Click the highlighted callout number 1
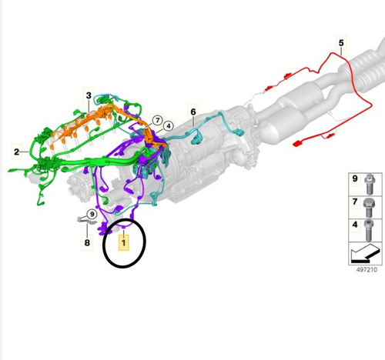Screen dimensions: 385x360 tap(123, 242)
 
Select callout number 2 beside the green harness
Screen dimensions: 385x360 tap(17, 152)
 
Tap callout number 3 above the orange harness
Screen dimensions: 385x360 tap(89, 95)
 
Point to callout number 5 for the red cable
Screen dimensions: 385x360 tap(341, 42)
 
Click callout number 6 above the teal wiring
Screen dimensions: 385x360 tap(193, 112)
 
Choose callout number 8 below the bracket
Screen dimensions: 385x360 tap(87, 242)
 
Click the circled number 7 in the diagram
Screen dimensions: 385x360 tap(157, 120)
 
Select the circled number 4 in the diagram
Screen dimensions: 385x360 tap(169, 126)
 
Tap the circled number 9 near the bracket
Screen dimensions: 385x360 tap(92, 214)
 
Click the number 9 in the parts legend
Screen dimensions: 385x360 tap(355, 178)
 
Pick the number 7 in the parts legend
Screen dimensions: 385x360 tap(355, 202)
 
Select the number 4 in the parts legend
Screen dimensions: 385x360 tap(355, 225)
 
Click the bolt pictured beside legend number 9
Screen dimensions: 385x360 tap(370, 185)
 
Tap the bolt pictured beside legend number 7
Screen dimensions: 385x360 tap(369, 208)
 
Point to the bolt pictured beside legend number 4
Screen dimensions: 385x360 tap(369, 230)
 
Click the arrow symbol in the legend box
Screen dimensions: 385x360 tap(365, 253)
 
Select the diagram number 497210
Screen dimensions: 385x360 tap(367, 269)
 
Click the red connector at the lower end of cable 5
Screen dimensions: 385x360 tap(297, 144)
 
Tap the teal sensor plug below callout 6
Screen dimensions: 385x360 tap(197, 138)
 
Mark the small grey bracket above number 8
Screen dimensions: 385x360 tap(87, 220)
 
